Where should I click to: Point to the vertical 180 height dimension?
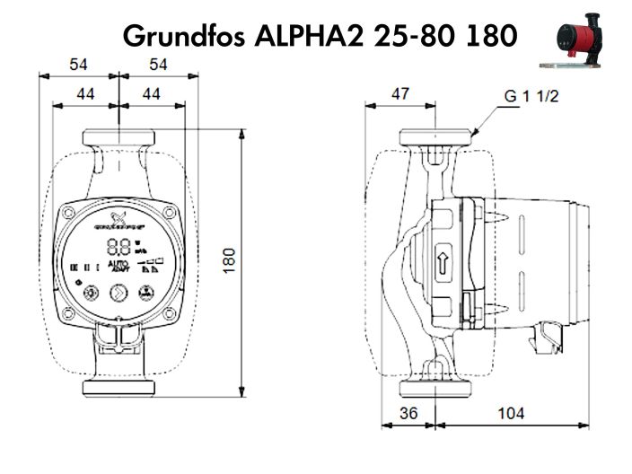click(x=229, y=262)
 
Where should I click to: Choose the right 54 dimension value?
click(x=158, y=64)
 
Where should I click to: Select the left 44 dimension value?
click(x=85, y=92)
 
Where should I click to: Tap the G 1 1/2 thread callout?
click(x=530, y=97)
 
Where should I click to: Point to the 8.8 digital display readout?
click(x=117, y=246)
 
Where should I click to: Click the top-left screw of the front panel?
click(x=69, y=212)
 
